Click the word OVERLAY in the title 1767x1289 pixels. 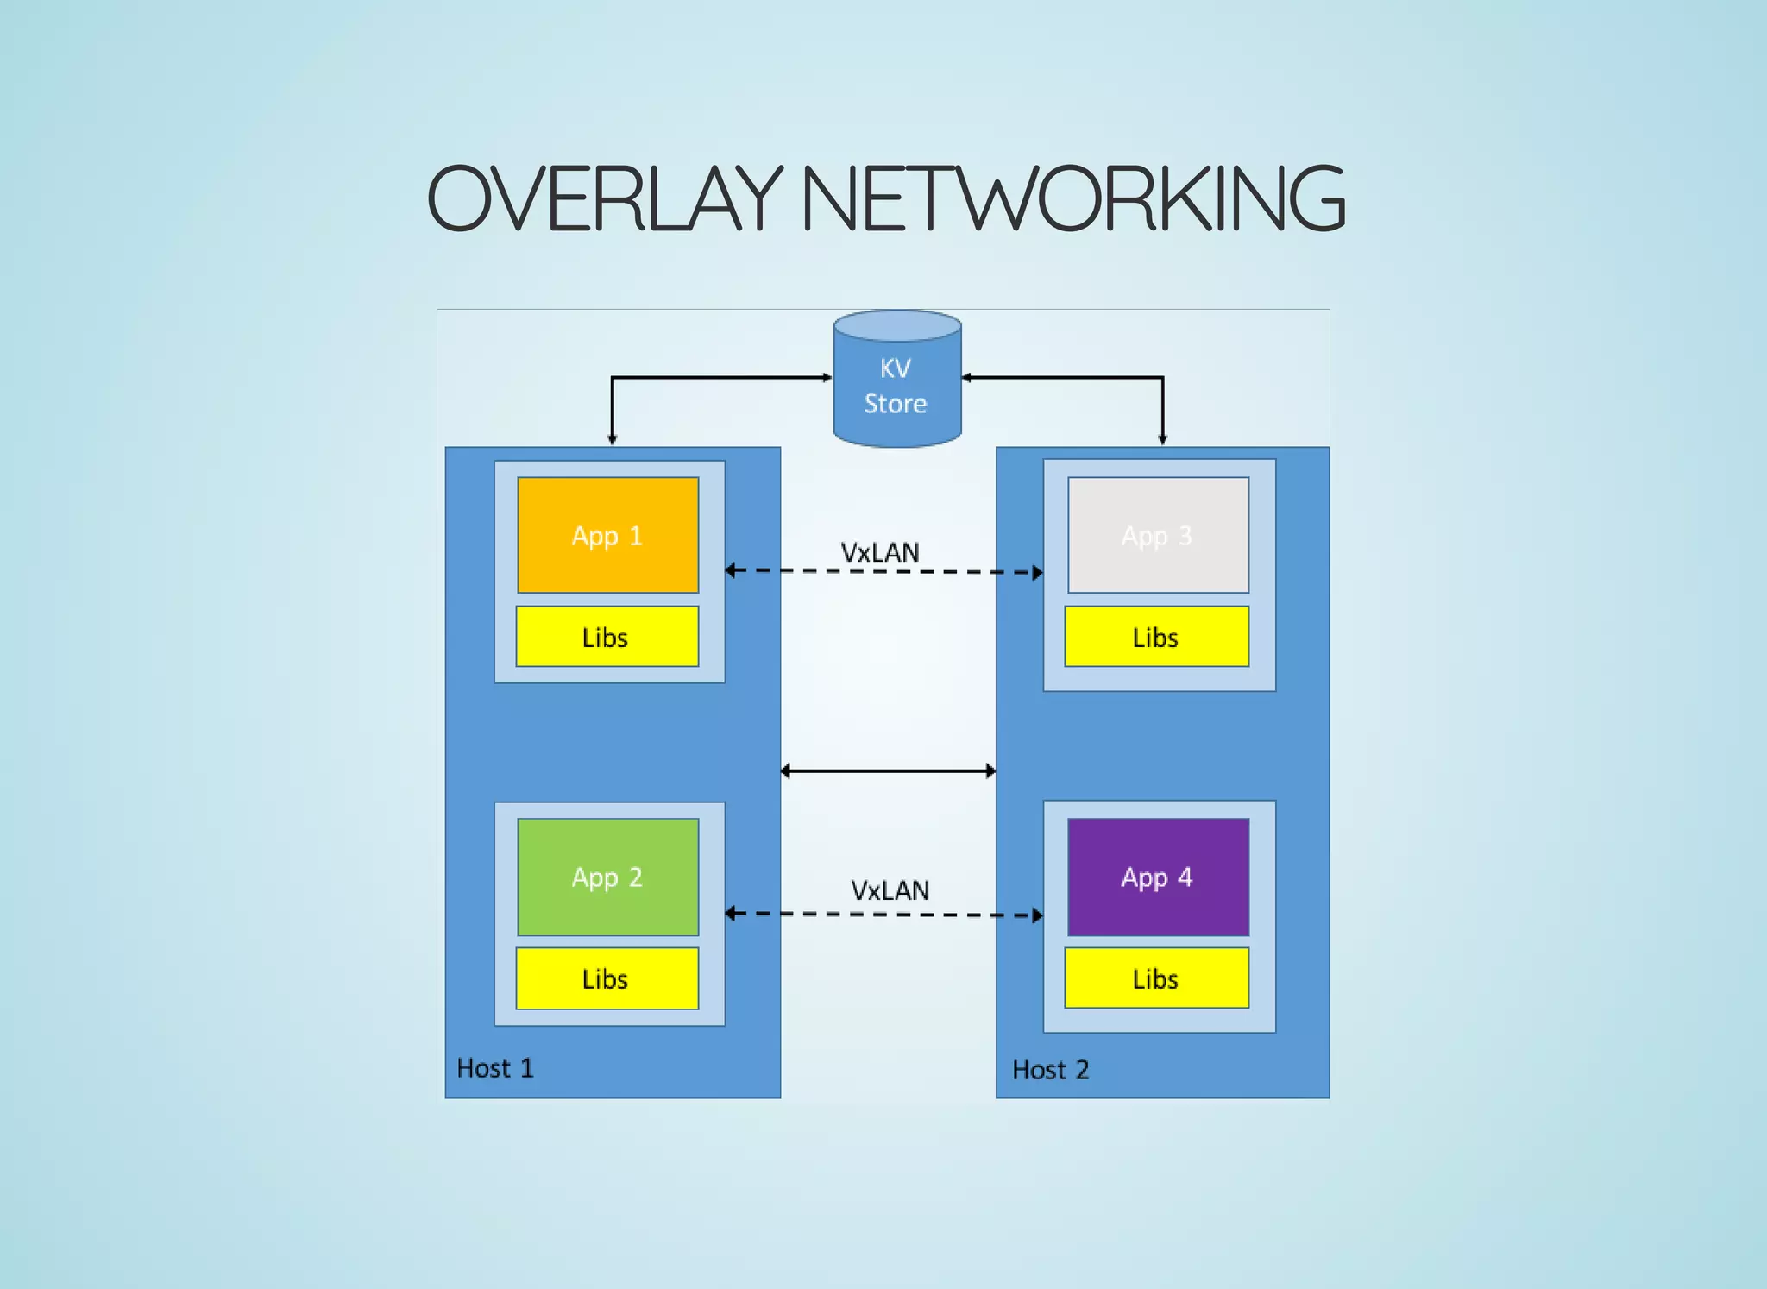pos(604,199)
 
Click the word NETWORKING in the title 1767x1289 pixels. pos(1073,199)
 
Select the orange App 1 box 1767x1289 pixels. pos(607,535)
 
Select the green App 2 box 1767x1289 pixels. pos(607,877)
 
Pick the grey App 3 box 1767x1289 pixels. pos(1158,535)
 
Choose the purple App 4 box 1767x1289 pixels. pos(1158,877)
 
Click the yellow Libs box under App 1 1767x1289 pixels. pos(607,637)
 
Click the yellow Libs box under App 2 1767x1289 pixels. pos(607,978)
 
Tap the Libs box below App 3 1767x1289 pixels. pos(1156,637)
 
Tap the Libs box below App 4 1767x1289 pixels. pos(1156,978)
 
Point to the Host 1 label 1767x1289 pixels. pos(495,1068)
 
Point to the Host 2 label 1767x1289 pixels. pos(1050,1070)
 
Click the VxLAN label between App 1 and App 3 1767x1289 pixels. pos(880,552)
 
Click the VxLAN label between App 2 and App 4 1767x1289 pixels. pos(890,890)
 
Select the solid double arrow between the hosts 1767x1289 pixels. pos(888,770)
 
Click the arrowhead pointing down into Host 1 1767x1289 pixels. pos(613,439)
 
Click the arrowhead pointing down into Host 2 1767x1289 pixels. pos(1162,439)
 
